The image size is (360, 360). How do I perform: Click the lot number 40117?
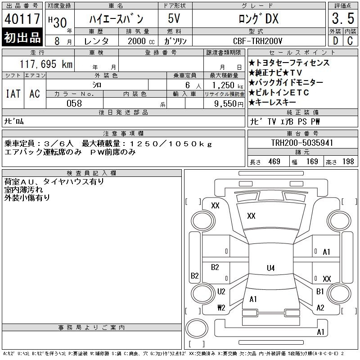[22, 18]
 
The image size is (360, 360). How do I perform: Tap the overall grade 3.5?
[343, 18]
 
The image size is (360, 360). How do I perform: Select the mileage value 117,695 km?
[46, 64]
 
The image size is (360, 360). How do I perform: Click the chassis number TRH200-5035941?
[302, 143]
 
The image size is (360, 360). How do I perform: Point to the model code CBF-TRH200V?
[257, 41]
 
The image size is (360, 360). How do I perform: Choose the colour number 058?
[74, 103]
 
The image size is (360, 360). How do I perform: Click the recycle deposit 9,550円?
[229, 104]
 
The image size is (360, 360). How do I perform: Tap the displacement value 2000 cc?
[141, 41]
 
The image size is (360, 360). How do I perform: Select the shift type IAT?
[13, 94]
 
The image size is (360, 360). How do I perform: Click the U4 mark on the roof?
[271, 268]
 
